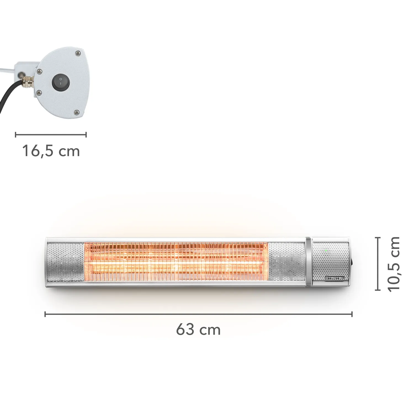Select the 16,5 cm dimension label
tap(51, 151)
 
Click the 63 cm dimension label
tap(198, 330)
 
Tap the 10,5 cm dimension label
tap(394, 264)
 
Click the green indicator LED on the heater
tap(326, 251)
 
